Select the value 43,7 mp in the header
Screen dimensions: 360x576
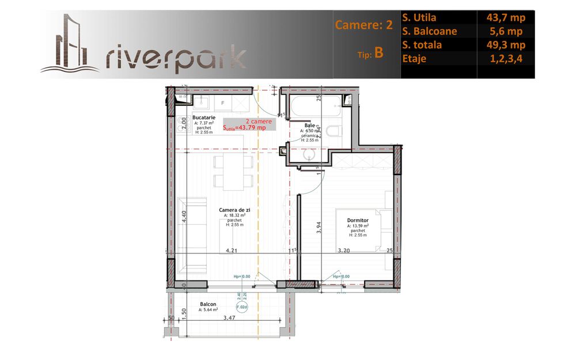pos(505,18)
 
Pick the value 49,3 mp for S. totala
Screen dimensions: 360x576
pos(505,45)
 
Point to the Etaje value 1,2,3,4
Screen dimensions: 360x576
pos(505,59)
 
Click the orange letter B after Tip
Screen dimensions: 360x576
pos(378,53)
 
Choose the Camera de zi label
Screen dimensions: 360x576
pos(234,210)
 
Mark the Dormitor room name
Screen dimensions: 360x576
pos(358,220)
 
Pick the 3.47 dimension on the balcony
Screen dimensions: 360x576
pos(229,317)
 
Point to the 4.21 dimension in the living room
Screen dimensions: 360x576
pos(232,251)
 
